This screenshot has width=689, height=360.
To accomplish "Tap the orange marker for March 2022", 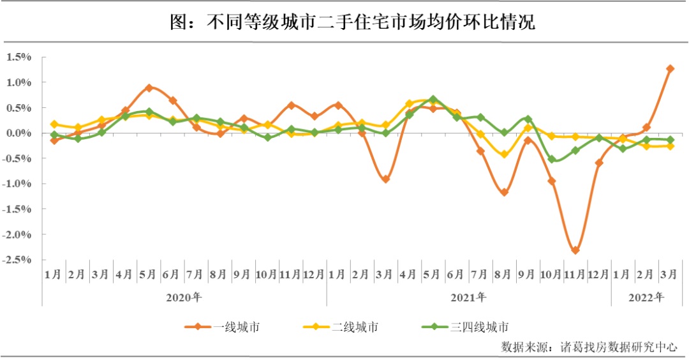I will click(x=670, y=68).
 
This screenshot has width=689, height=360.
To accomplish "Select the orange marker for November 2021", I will click(x=575, y=250).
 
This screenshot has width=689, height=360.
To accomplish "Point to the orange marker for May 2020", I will click(x=149, y=87).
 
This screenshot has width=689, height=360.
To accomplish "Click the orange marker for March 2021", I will click(x=386, y=179).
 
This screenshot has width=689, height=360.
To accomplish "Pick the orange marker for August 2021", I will click(x=504, y=192).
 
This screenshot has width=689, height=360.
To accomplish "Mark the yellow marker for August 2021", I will click(x=504, y=154).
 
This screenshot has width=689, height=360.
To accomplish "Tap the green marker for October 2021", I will click(x=552, y=160).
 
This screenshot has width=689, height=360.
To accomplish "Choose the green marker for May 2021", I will click(x=433, y=100).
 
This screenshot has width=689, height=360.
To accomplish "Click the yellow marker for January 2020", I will click(x=54, y=124).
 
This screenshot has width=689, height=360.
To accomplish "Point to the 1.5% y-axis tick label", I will click(x=19, y=57).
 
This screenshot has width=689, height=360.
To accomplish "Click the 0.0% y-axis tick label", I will click(x=19, y=133).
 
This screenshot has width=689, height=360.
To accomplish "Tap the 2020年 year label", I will click(x=184, y=297).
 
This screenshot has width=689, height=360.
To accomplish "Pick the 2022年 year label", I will click(x=646, y=297).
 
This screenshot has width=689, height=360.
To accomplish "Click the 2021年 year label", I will click(x=468, y=297).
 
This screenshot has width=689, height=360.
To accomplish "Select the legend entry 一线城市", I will click(x=236, y=327).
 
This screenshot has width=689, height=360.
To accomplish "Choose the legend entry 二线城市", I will click(x=355, y=327).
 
